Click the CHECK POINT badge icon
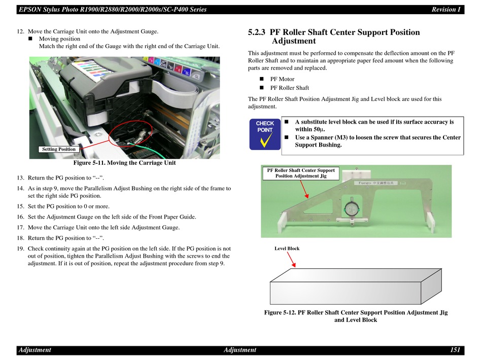tap(265, 134)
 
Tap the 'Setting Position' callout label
tap(59, 149)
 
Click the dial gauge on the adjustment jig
tap(351, 209)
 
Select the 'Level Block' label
tap(287, 248)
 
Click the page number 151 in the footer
tap(455, 349)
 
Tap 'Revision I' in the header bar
tap(446, 10)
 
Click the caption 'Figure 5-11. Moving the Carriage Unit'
tap(124, 163)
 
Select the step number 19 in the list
tap(20, 248)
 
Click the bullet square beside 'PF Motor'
tap(262, 79)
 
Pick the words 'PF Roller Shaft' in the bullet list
tap(290, 88)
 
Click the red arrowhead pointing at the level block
tap(294, 265)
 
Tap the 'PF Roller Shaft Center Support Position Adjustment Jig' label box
tap(301, 173)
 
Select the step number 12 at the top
tap(20, 31)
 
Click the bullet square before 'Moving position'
tap(30, 39)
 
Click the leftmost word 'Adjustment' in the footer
tap(35, 350)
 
